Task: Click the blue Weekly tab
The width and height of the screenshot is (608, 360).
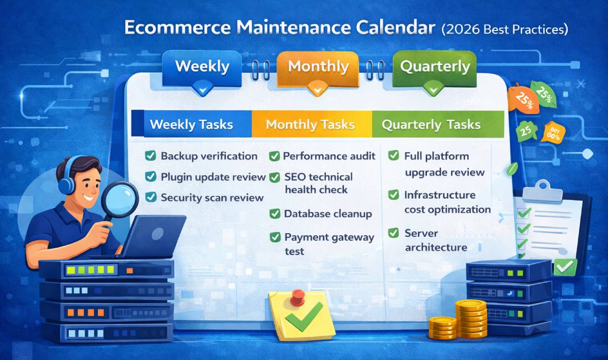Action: [202, 67]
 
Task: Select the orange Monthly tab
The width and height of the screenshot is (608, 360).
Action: [319, 67]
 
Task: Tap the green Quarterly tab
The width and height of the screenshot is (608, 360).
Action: [435, 67]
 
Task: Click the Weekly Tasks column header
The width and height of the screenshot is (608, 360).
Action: [192, 125]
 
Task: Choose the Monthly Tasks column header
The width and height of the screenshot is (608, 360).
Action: [311, 125]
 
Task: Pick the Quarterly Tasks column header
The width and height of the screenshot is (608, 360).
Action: [431, 125]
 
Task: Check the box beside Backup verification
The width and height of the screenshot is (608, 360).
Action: [150, 156]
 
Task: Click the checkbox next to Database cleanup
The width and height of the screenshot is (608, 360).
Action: [275, 213]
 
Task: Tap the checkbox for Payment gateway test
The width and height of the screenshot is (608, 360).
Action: [275, 237]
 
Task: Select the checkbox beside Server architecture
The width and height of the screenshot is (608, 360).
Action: [394, 233]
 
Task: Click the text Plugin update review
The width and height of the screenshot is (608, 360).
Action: [213, 177]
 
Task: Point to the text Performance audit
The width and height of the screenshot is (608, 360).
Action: [329, 156]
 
